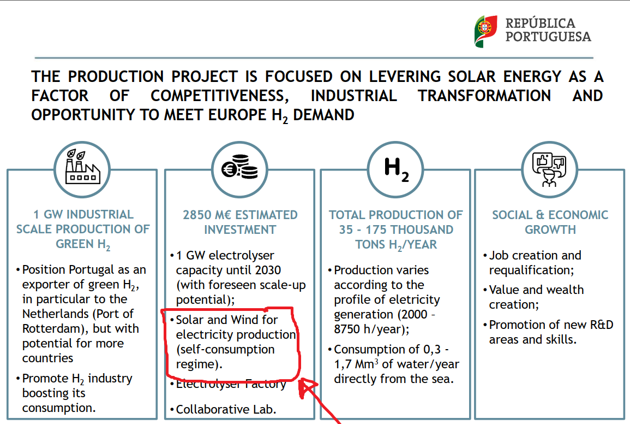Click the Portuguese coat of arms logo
485,31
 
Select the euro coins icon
239,168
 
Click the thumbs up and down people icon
550,168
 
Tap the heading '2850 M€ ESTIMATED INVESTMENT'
240,222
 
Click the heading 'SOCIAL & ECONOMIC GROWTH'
550,222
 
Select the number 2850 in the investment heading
199,215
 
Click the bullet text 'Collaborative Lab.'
226,409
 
